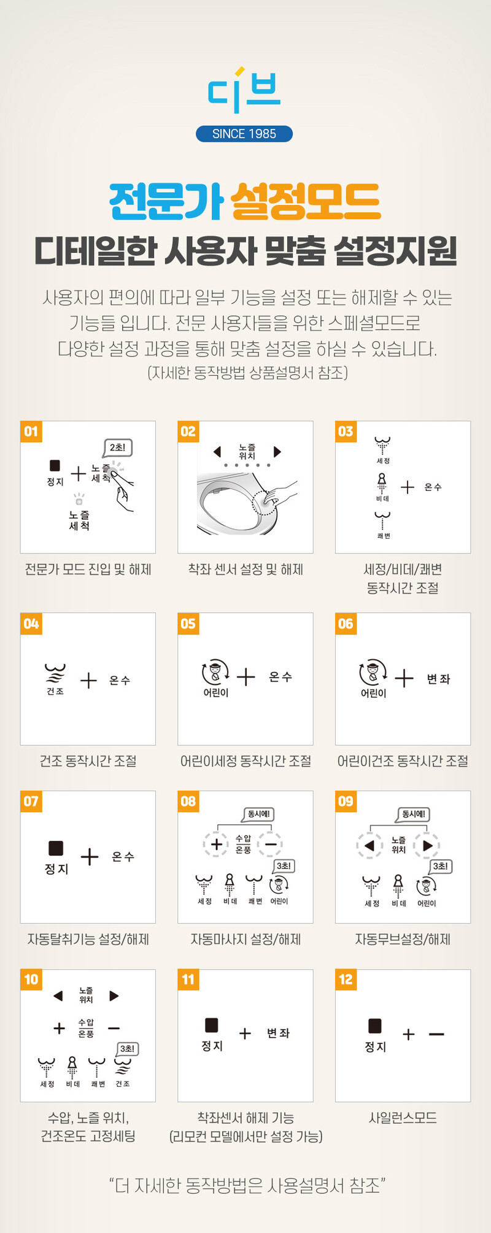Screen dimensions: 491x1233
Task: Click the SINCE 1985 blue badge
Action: click(x=244, y=134)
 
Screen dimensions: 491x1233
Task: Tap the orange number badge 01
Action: click(x=31, y=431)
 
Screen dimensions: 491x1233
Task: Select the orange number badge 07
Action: click(x=31, y=801)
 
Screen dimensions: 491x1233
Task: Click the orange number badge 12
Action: click(x=346, y=979)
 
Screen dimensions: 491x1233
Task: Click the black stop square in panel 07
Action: click(x=56, y=848)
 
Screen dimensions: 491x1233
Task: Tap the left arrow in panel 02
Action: click(x=217, y=452)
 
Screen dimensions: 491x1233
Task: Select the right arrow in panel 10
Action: click(x=114, y=995)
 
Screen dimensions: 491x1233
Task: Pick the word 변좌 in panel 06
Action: click(x=438, y=679)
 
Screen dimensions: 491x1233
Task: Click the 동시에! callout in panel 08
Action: click(x=259, y=814)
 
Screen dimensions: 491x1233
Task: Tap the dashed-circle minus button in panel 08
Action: click(x=270, y=845)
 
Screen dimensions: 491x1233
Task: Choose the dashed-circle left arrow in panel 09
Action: click(x=369, y=846)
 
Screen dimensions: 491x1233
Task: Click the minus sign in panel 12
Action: click(x=436, y=1034)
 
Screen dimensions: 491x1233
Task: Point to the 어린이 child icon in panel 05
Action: click(x=215, y=672)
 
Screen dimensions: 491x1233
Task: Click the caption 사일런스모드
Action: click(x=403, y=1118)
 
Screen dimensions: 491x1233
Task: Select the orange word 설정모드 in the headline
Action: click(x=306, y=201)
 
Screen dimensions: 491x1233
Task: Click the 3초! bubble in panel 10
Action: click(x=127, y=1049)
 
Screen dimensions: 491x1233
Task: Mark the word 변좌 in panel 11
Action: click(x=278, y=1033)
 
